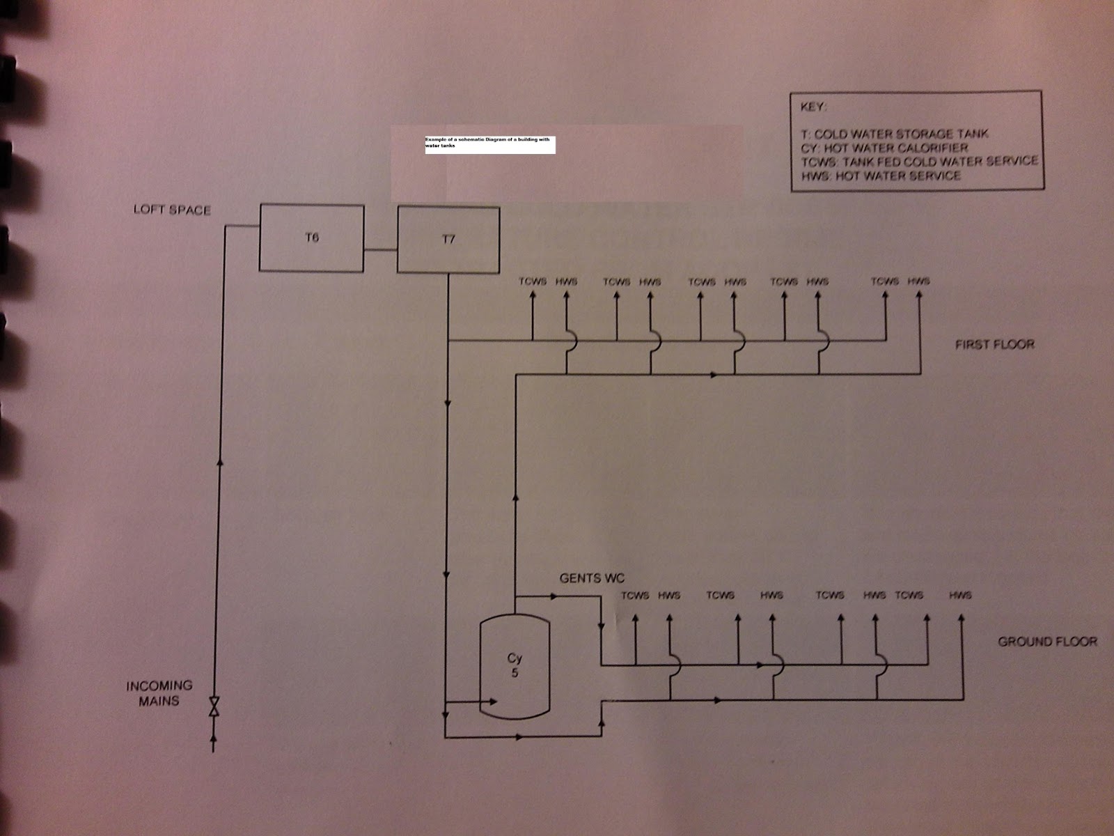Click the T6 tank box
(311, 238)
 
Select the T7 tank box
(448, 240)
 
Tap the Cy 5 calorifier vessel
(515, 665)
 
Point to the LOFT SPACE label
(172, 210)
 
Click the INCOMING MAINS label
(159, 693)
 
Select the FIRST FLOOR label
(994, 344)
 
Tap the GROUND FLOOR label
(1047, 641)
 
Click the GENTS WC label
(592, 578)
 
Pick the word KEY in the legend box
(814, 108)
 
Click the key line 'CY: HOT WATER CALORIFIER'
(884, 148)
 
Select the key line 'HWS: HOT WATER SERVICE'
(881, 176)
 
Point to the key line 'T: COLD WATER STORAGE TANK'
(895, 134)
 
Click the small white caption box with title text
(489, 145)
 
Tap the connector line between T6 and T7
(380, 249)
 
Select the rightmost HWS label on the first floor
(918, 281)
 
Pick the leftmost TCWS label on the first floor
(533, 281)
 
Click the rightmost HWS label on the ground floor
(959, 595)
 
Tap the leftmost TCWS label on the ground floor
(635, 596)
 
